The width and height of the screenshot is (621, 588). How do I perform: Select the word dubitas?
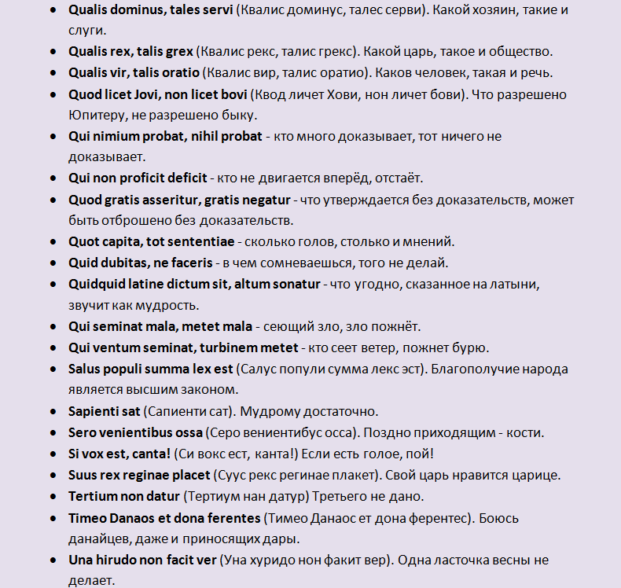(x=121, y=263)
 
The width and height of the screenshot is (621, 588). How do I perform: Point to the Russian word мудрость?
(x=149, y=304)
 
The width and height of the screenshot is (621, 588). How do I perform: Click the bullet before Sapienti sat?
(x=52, y=410)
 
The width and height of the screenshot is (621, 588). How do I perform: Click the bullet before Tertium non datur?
(x=52, y=496)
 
